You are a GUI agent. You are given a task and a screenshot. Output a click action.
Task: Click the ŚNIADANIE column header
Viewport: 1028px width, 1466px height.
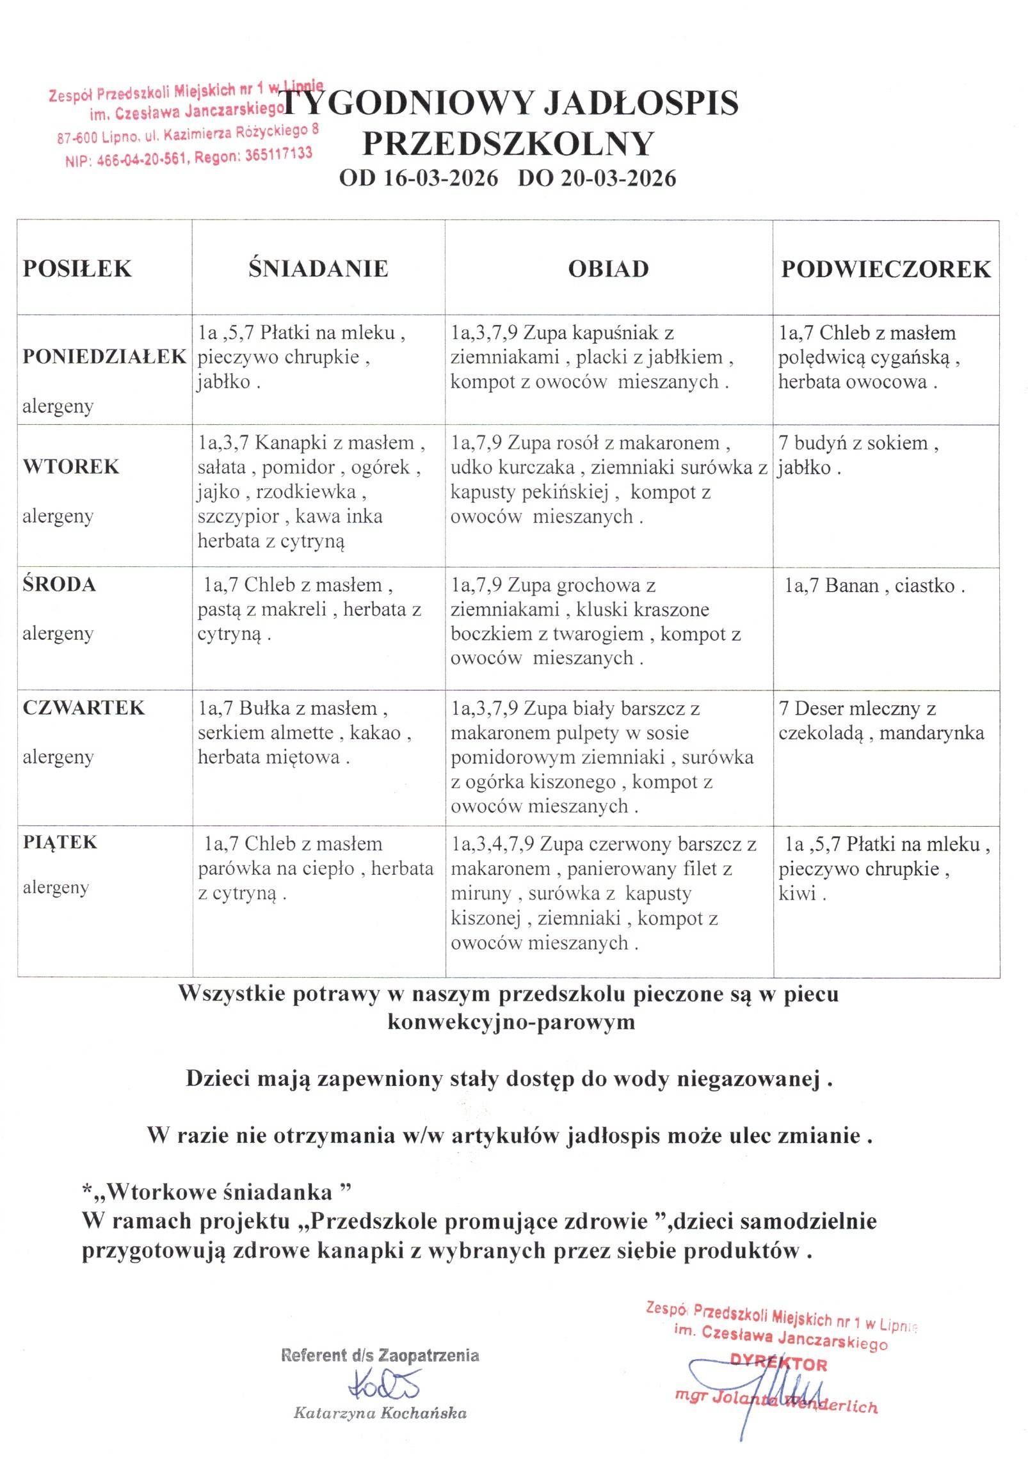[318, 268]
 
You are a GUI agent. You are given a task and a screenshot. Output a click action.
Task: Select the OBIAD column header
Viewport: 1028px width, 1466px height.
[608, 269]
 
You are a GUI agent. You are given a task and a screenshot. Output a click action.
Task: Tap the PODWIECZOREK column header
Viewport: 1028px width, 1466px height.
[885, 269]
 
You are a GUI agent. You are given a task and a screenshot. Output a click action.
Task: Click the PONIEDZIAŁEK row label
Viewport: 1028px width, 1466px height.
[104, 356]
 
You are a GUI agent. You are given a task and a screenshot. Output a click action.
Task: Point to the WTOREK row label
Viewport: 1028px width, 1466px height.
[71, 466]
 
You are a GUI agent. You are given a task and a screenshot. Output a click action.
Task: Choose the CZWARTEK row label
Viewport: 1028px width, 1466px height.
[84, 708]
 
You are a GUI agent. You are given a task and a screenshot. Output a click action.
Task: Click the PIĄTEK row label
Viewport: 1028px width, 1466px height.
[60, 842]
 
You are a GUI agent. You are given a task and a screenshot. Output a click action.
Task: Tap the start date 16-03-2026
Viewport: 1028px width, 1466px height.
[440, 178]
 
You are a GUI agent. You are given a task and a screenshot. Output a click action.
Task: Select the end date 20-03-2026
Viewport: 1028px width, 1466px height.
[618, 178]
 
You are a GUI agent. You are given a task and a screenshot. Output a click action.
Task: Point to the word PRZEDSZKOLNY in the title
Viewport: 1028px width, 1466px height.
[508, 143]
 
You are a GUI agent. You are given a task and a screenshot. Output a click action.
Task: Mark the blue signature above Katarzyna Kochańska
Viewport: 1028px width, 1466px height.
[383, 1385]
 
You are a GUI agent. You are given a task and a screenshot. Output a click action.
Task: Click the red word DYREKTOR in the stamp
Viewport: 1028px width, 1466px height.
[779, 1364]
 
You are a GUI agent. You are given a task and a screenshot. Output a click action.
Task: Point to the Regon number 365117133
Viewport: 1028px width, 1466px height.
[278, 154]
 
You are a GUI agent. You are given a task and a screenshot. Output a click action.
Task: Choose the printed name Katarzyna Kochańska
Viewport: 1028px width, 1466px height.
[380, 1414]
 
